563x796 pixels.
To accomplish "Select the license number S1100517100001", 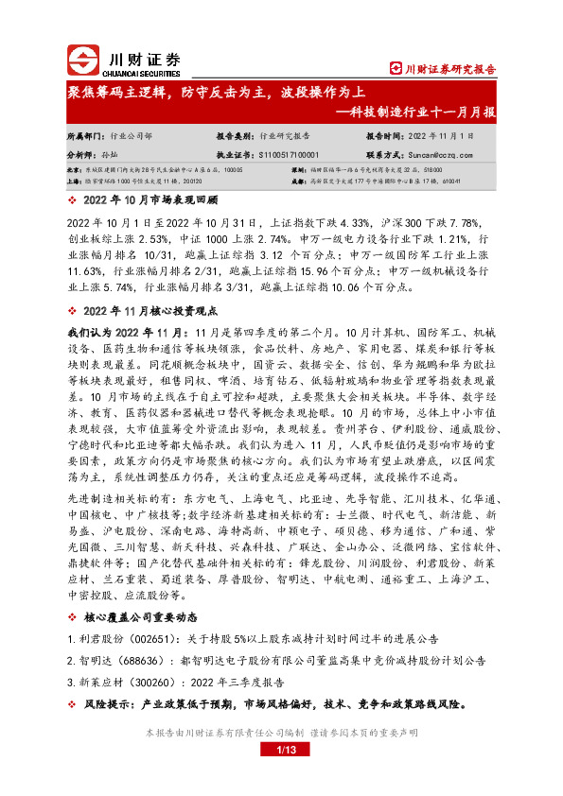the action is coord(284,152).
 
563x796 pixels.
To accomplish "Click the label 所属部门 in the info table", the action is coord(85,135).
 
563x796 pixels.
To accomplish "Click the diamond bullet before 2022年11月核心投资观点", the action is coord(74,310).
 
